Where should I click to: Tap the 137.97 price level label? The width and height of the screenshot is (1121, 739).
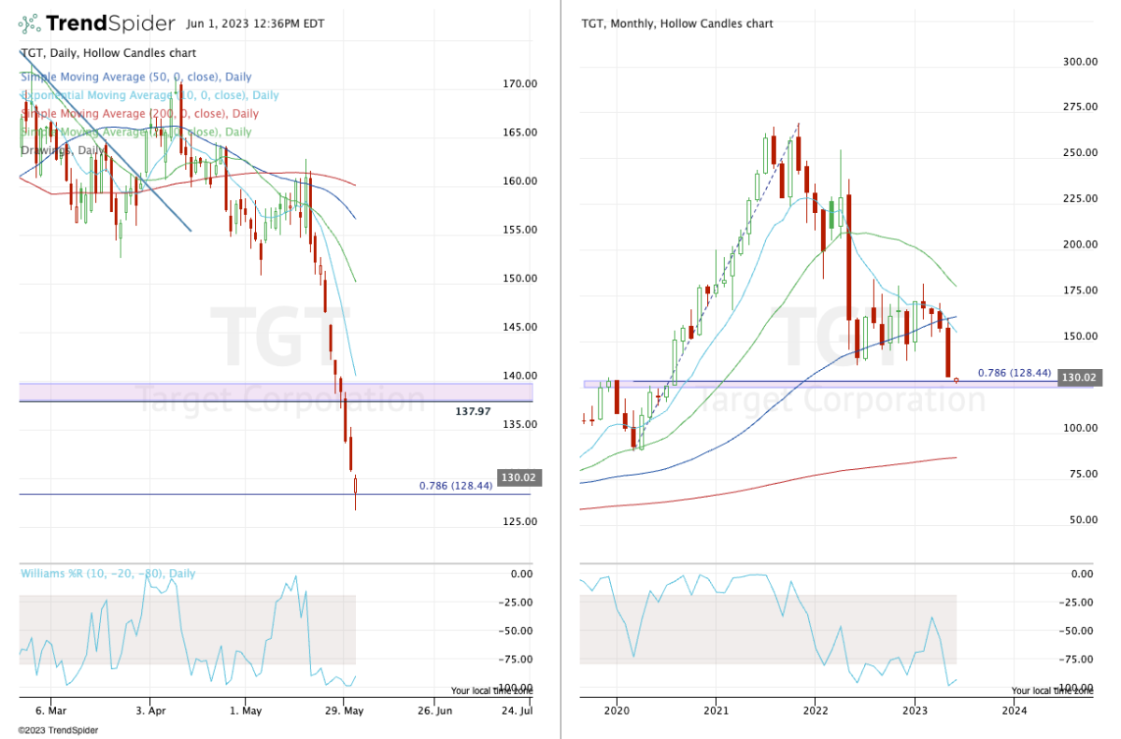pyautogui.click(x=474, y=411)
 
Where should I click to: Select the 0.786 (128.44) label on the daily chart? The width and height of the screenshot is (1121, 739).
pyautogui.click(x=461, y=486)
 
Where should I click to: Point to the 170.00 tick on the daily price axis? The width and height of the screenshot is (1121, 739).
pyautogui.click(x=518, y=83)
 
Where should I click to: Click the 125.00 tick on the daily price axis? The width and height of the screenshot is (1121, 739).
pyautogui.click(x=518, y=520)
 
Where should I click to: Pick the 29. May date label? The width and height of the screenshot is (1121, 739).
pyautogui.click(x=344, y=710)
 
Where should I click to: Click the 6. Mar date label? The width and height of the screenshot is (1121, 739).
pyautogui.click(x=50, y=710)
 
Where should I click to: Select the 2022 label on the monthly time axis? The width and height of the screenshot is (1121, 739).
pyautogui.click(x=815, y=710)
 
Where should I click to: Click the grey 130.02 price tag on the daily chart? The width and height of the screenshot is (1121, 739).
pyautogui.click(x=517, y=477)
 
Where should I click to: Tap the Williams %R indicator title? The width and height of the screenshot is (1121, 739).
pyautogui.click(x=107, y=574)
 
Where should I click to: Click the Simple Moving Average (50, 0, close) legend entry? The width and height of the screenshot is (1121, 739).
pyautogui.click(x=135, y=77)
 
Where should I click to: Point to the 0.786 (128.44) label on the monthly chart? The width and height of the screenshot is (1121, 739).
pyautogui.click(x=1014, y=373)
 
